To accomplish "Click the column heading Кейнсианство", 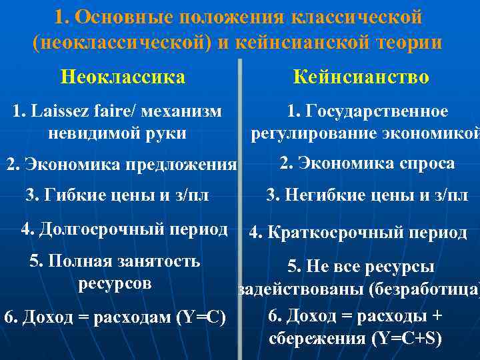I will [x=361, y=77].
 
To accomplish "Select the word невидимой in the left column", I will [x=85, y=133].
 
